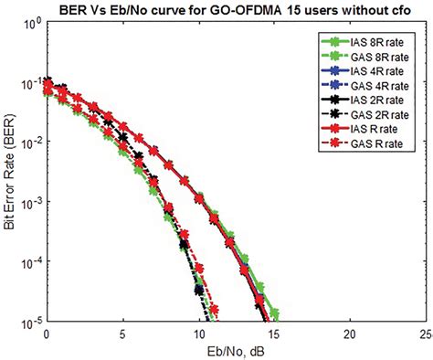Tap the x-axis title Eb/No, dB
[x=235, y=350]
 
